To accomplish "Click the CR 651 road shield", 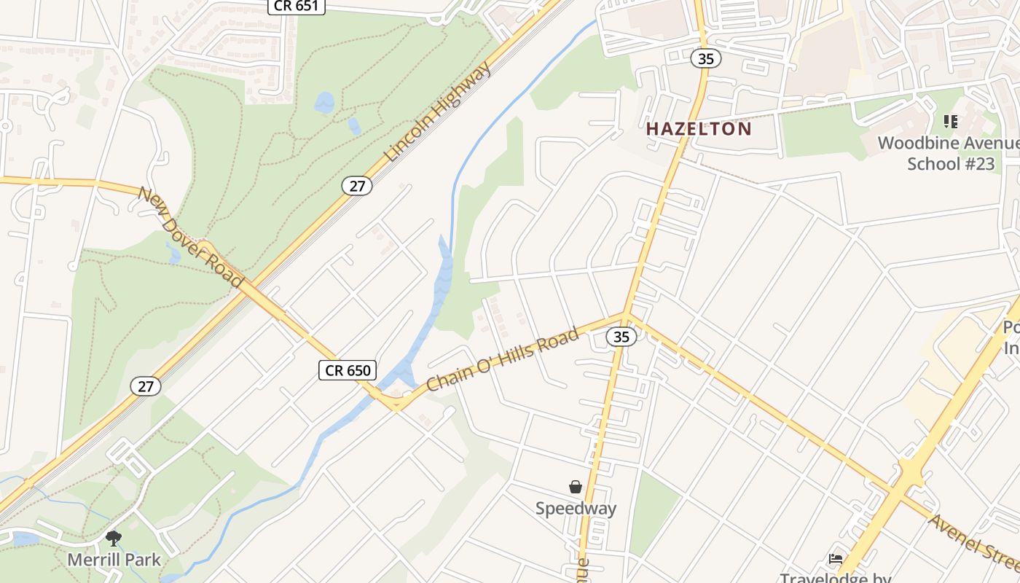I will coord(297,6).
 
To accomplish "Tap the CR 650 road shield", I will coord(348,370).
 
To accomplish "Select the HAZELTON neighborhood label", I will coord(699,129).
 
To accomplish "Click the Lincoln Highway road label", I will coord(438,111).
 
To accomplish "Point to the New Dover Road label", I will coord(190,237).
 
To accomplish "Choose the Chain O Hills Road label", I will coord(502,359).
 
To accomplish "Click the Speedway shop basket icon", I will coord(576,487).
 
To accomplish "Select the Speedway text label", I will coord(576,509).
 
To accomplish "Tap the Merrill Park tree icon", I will coord(113,539).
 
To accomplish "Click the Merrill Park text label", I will coord(114,560).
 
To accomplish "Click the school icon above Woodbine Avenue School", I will coord(950,121).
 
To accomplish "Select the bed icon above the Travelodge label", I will coord(836,560).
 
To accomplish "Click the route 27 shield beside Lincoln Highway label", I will coord(357,186).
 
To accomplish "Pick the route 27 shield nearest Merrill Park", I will coord(146,386).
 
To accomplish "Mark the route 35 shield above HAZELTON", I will coord(705,59).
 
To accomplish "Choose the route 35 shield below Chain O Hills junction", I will coord(621,337).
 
